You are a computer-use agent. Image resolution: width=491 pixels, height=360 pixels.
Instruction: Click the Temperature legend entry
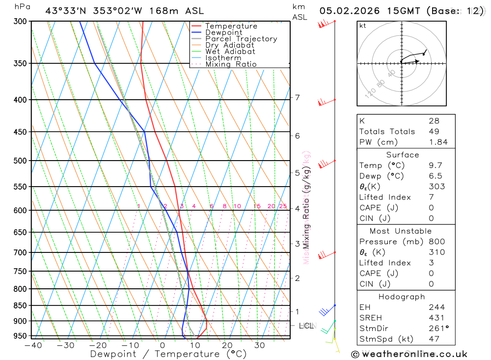[x=231, y=26]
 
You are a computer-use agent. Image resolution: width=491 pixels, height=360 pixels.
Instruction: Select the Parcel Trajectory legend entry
[x=241, y=39]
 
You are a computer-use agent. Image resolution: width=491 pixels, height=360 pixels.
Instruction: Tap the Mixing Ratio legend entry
[x=231, y=64]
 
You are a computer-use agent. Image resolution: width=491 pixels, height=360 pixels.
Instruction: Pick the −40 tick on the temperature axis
[x=33, y=345]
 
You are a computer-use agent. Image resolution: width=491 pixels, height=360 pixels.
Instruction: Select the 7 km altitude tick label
[x=297, y=98]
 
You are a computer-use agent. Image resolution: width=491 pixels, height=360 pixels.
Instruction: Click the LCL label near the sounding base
[x=306, y=326]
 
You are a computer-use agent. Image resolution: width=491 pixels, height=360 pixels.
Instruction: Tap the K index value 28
[x=434, y=121]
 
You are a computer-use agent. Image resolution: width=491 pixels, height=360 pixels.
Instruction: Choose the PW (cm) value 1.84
[x=438, y=142]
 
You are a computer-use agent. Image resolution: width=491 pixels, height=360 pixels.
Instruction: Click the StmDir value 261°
[x=438, y=328]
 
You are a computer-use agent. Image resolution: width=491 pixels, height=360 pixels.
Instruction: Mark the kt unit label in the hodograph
[x=363, y=26]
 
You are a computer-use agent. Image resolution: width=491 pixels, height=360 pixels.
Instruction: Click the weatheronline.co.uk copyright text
[x=409, y=354]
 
